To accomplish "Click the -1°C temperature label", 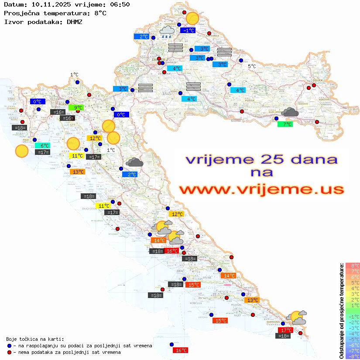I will click(x=188, y=31).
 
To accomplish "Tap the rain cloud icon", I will click(x=166, y=32).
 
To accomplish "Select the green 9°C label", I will click(x=76, y=107).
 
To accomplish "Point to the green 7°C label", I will click(x=285, y=124).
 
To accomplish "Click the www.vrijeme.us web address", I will click(x=261, y=189).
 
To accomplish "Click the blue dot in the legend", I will click(x=10, y=346).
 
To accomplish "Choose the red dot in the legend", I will click(x=10, y=352).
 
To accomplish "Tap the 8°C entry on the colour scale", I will click(x=352, y=266).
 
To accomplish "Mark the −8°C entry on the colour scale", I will click(x=352, y=357).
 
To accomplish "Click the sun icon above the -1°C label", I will click(x=192, y=18).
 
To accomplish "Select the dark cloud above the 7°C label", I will click(x=289, y=113).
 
